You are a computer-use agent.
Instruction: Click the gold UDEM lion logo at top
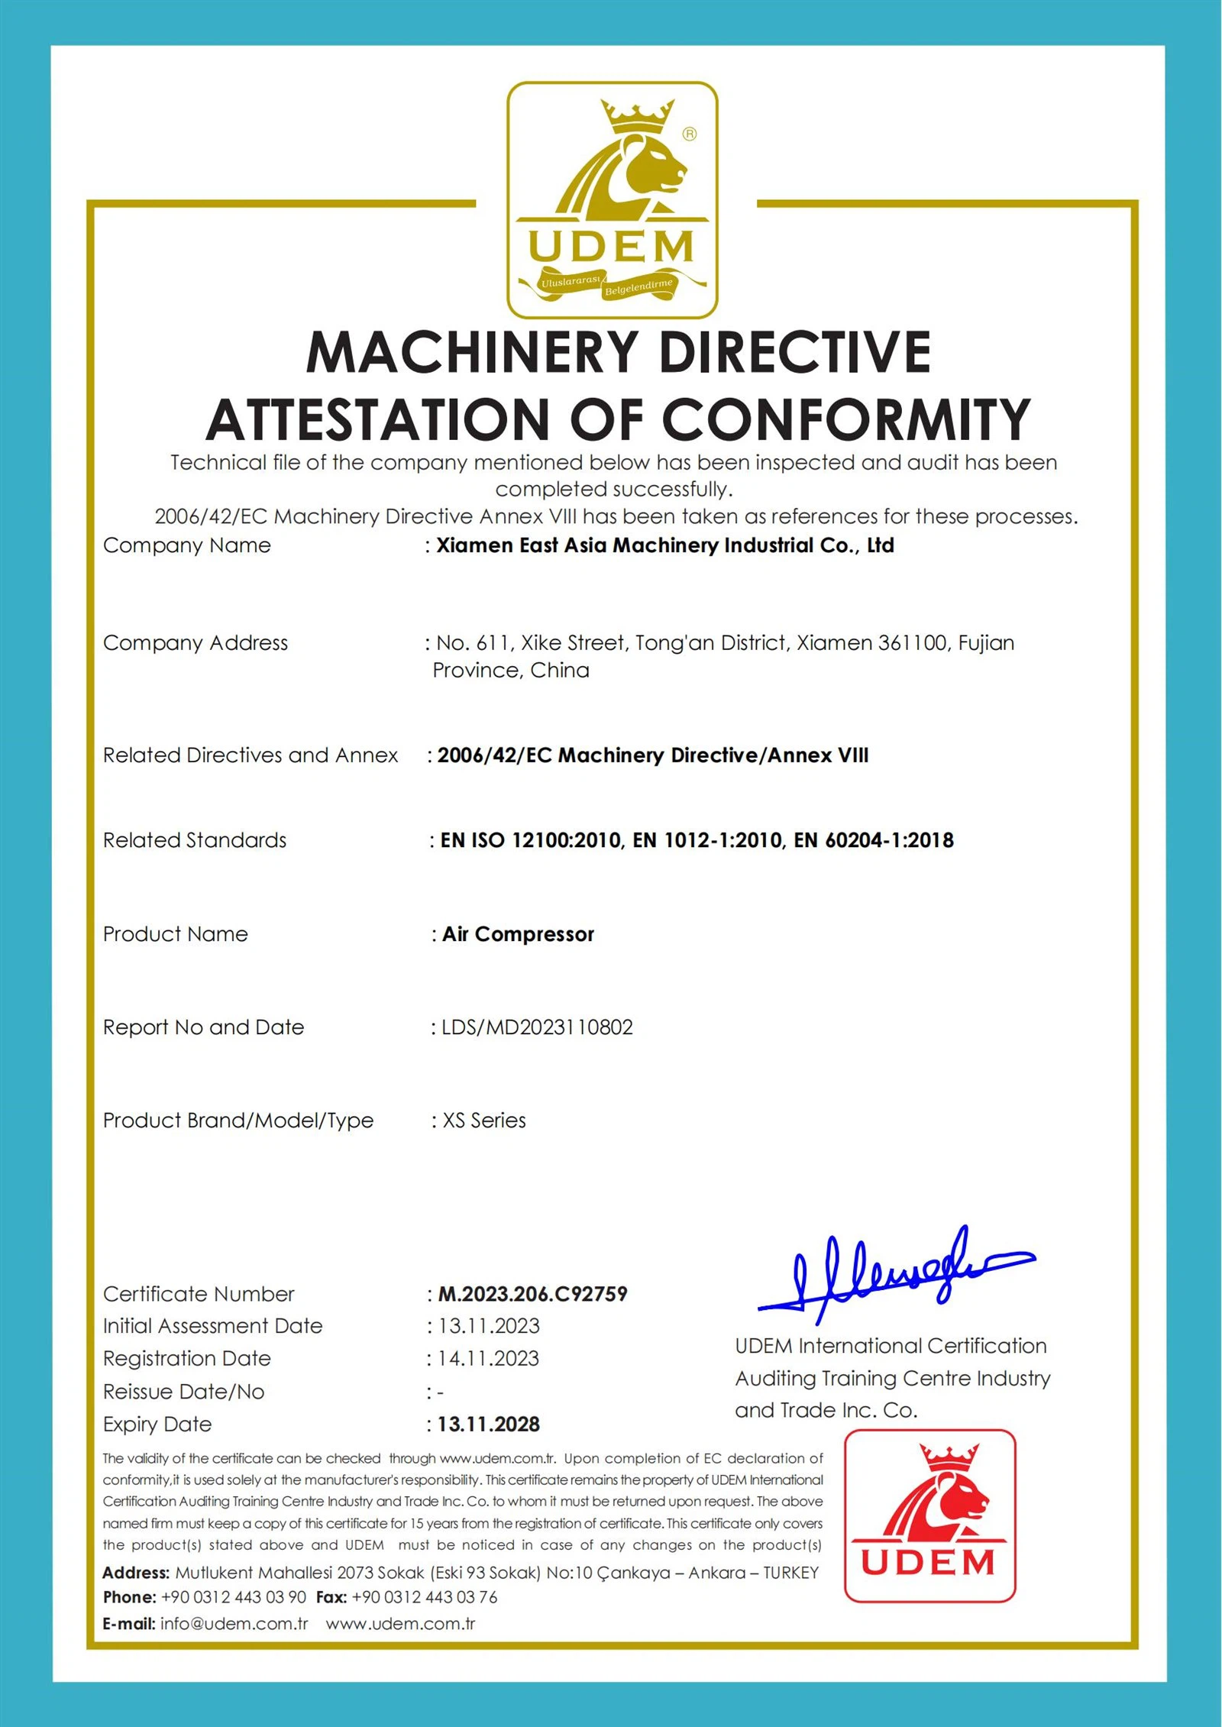[612, 199]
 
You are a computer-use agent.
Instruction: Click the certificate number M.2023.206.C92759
[532, 1294]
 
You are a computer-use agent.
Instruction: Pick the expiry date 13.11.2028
[489, 1425]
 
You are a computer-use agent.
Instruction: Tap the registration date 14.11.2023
[489, 1359]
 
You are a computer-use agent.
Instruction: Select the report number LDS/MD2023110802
[537, 1027]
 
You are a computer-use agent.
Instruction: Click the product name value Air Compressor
[518, 934]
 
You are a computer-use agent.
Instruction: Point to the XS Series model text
[484, 1121]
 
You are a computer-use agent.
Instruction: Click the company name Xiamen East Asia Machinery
[664, 545]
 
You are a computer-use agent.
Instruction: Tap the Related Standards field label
[195, 840]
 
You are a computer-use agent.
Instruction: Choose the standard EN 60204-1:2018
[874, 840]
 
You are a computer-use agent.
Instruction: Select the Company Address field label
[196, 643]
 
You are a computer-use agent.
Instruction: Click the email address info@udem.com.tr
[234, 1624]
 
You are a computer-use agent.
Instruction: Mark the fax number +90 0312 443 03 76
[425, 1597]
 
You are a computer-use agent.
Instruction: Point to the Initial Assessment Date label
[213, 1326]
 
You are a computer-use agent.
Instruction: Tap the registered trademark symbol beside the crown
[690, 134]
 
